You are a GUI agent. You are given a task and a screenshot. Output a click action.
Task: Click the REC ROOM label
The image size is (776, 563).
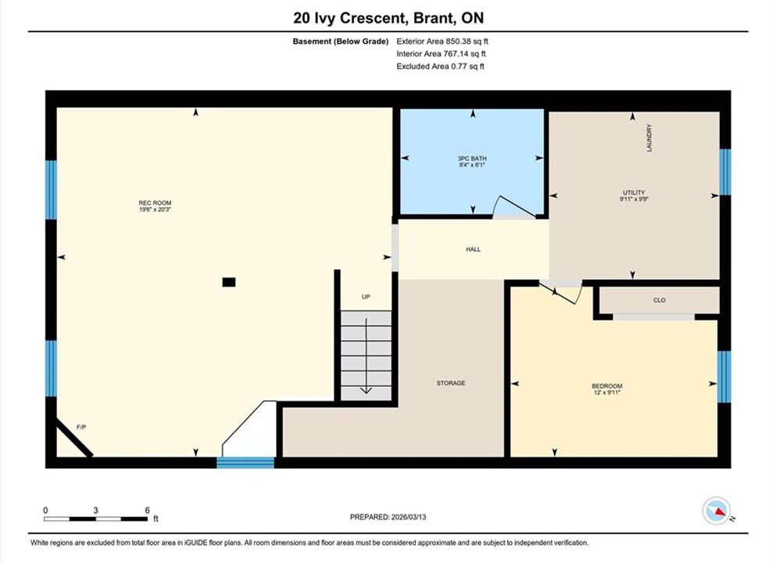tap(155, 203)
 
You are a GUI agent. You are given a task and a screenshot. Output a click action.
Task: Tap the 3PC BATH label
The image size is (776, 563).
tap(472, 159)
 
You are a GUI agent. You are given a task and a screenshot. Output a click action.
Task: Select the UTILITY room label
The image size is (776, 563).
tap(634, 192)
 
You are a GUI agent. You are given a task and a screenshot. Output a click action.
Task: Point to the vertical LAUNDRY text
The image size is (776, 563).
tap(649, 138)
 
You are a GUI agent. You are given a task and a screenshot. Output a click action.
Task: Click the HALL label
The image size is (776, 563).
tap(473, 249)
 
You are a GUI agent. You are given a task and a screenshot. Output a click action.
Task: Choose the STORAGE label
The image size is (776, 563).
tap(451, 383)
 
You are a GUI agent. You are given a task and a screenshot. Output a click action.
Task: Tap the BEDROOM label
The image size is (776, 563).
tap(607, 386)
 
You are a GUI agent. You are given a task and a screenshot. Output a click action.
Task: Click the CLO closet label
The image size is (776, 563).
tap(660, 300)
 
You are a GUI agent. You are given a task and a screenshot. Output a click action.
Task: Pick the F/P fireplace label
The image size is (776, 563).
tap(81, 427)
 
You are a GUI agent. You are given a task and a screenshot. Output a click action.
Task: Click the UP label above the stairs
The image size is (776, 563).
tap(366, 296)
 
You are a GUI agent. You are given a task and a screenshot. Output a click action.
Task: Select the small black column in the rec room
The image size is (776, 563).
tap(229, 282)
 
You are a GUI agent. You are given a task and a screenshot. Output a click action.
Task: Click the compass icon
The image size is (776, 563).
tap(717, 511)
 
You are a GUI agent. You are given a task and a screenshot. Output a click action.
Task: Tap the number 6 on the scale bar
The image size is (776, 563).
tap(148, 510)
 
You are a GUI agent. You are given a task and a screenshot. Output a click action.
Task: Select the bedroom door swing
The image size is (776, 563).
tap(562, 292)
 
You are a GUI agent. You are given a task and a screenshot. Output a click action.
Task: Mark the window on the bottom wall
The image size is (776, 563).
tap(245, 463)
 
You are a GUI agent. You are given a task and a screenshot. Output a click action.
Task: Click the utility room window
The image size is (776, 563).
tap(725, 172)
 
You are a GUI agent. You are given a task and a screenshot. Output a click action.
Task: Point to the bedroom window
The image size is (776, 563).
tap(724, 377)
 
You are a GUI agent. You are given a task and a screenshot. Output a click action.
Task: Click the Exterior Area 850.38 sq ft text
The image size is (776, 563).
tap(442, 41)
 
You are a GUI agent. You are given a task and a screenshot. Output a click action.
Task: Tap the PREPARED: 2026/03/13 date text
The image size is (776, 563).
tap(388, 517)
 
